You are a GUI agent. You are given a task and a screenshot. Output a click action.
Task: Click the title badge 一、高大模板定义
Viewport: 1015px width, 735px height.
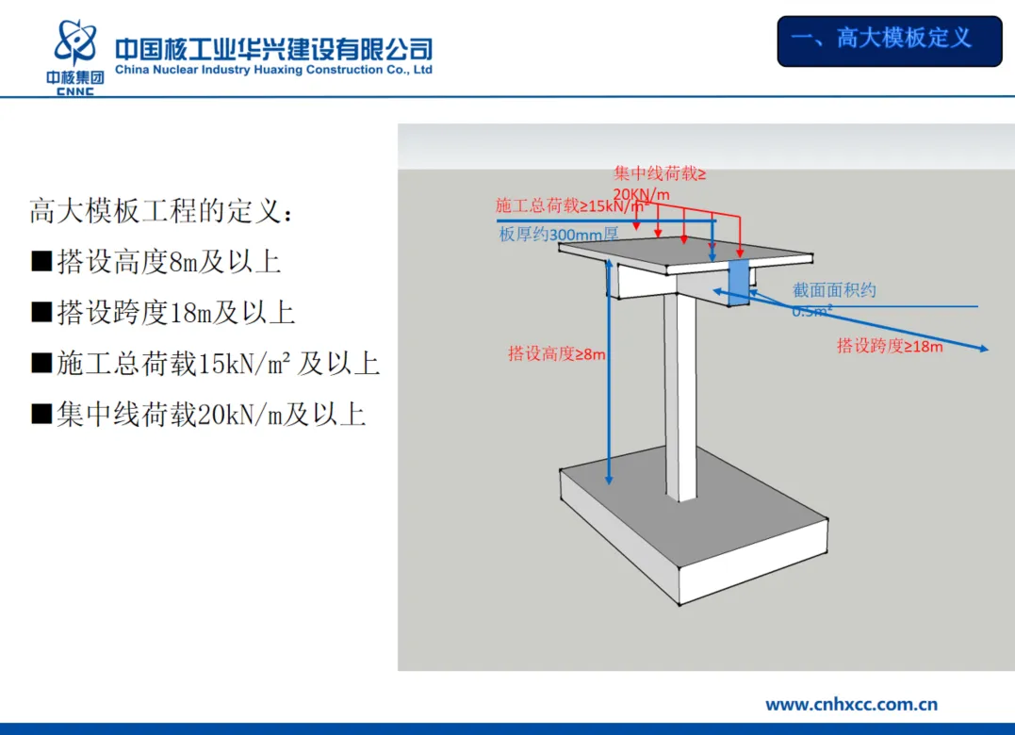(x=889, y=40)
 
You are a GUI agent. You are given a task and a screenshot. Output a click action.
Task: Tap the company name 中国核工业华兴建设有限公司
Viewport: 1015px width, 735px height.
(x=273, y=48)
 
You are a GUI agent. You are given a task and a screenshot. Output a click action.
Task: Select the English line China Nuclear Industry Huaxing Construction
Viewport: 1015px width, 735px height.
(x=273, y=71)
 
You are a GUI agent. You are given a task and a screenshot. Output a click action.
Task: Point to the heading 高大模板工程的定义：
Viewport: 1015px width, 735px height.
(x=161, y=211)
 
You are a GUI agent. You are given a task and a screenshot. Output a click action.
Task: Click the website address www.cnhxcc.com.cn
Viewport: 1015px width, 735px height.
(x=851, y=704)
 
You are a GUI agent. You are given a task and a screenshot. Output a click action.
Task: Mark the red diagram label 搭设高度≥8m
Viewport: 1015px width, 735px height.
(x=556, y=354)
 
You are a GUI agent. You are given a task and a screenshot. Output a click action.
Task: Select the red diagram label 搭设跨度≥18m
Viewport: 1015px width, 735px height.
(x=890, y=346)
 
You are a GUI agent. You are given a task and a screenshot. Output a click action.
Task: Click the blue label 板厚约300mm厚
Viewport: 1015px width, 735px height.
(x=558, y=235)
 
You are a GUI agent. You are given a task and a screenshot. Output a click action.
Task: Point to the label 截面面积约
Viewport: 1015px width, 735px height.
(x=834, y=290)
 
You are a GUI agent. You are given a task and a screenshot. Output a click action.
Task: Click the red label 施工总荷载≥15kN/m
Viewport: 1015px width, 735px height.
(x=569, y=205)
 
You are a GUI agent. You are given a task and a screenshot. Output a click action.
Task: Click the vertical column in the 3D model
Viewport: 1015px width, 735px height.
(x=679, y=396)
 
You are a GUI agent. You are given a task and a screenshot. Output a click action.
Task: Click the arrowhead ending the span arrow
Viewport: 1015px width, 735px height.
(x=984, y=350)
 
